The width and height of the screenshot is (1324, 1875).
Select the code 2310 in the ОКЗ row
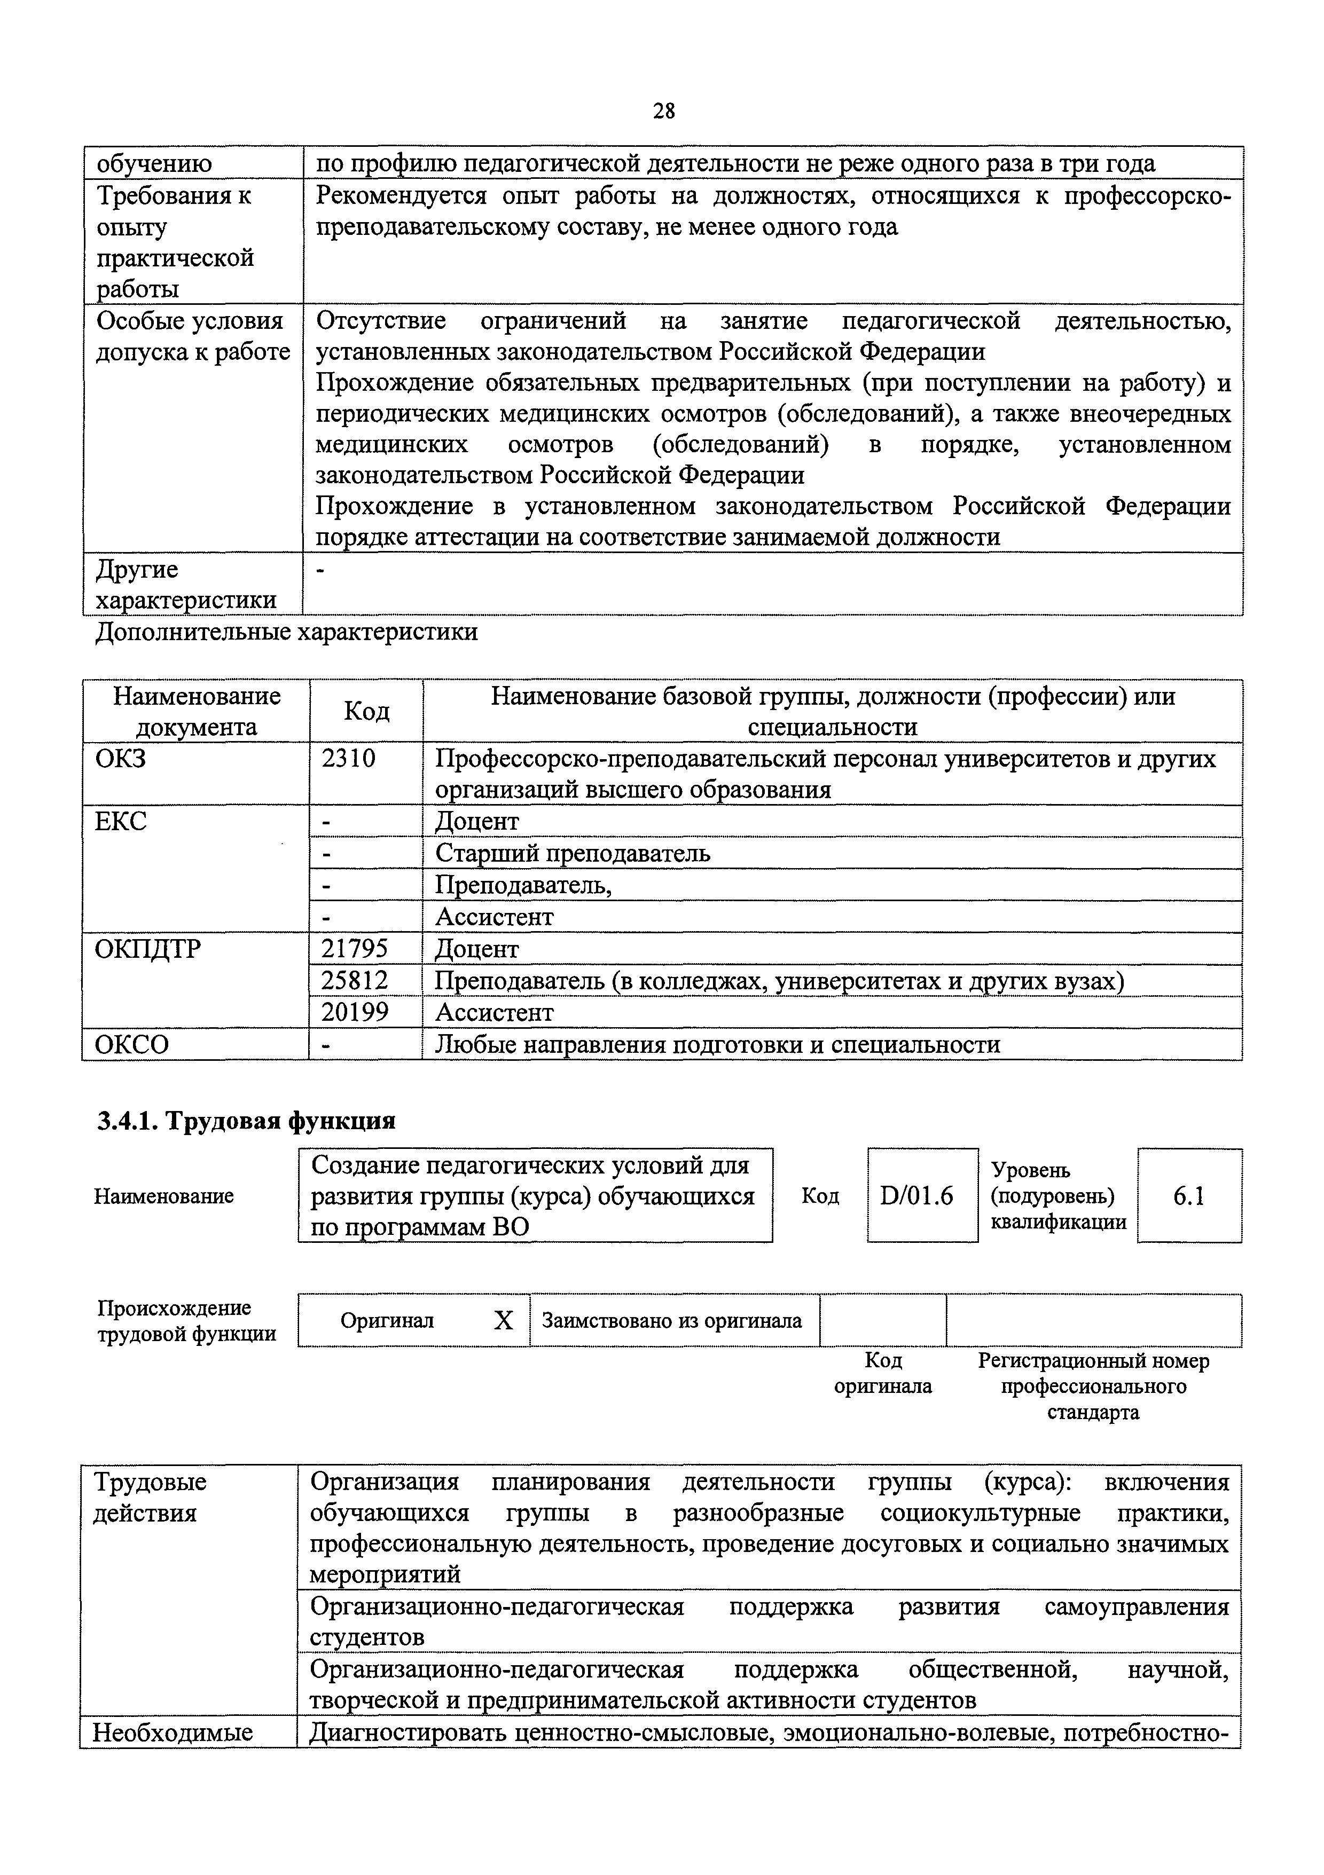(x=349, y=759)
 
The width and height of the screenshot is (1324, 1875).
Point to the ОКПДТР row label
(x=147, y=949)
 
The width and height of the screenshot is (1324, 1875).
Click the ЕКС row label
(x=121, y=821)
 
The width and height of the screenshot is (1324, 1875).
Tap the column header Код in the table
(x=366, y=711)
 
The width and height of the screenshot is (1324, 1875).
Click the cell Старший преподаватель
(x=573, y=853)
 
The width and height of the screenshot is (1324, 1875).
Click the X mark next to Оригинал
(x=503, y=1320)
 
